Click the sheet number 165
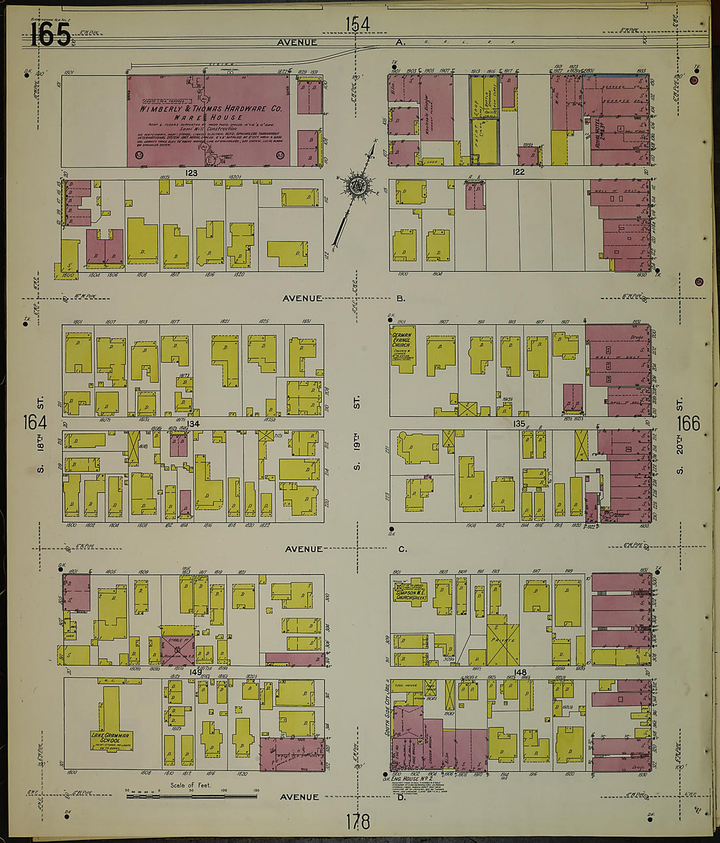pos(50,33)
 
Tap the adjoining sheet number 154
pos(357,24)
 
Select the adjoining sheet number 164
pos(35,423)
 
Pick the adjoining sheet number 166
pos(688,423)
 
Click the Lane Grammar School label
pos(111,739)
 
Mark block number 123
pos(191,173)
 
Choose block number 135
pos(519,424)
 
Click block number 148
pos(520,672)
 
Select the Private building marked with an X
pos(503,638)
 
